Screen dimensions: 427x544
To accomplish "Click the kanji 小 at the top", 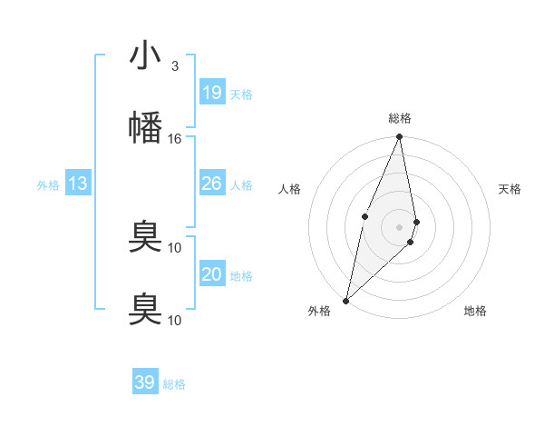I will coord(145,56).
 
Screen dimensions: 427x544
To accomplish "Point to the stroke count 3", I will coord(175,66).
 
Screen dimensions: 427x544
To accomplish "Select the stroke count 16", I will coord(175,138).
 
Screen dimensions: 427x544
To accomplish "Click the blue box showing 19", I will coord(211,93).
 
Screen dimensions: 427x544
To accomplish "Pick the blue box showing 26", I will coord(211,184).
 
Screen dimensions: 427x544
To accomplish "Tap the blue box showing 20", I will coord(211,274).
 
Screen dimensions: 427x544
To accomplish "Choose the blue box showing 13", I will coord(78,184).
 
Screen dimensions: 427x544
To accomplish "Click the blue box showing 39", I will coord(144,382).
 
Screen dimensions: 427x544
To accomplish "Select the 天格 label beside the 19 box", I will coord(241,94).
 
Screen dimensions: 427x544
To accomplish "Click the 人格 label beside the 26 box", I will coord(241,185).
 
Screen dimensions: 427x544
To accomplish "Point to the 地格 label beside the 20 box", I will coord(241,276).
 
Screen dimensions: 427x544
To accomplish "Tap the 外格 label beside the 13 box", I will coord(48,185).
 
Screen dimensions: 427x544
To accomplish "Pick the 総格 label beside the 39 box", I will coord(174,384).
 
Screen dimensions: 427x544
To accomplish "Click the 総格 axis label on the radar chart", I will coord(400,118).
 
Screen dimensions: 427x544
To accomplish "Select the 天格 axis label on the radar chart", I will coord(510,189).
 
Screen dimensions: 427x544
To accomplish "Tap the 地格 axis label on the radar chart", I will coord(475,311).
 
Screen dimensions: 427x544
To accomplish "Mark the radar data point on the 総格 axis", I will coord(400,137).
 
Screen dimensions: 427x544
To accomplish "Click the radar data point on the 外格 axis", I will coord(345,300).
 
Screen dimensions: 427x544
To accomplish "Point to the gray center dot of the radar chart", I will coord(400,226).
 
